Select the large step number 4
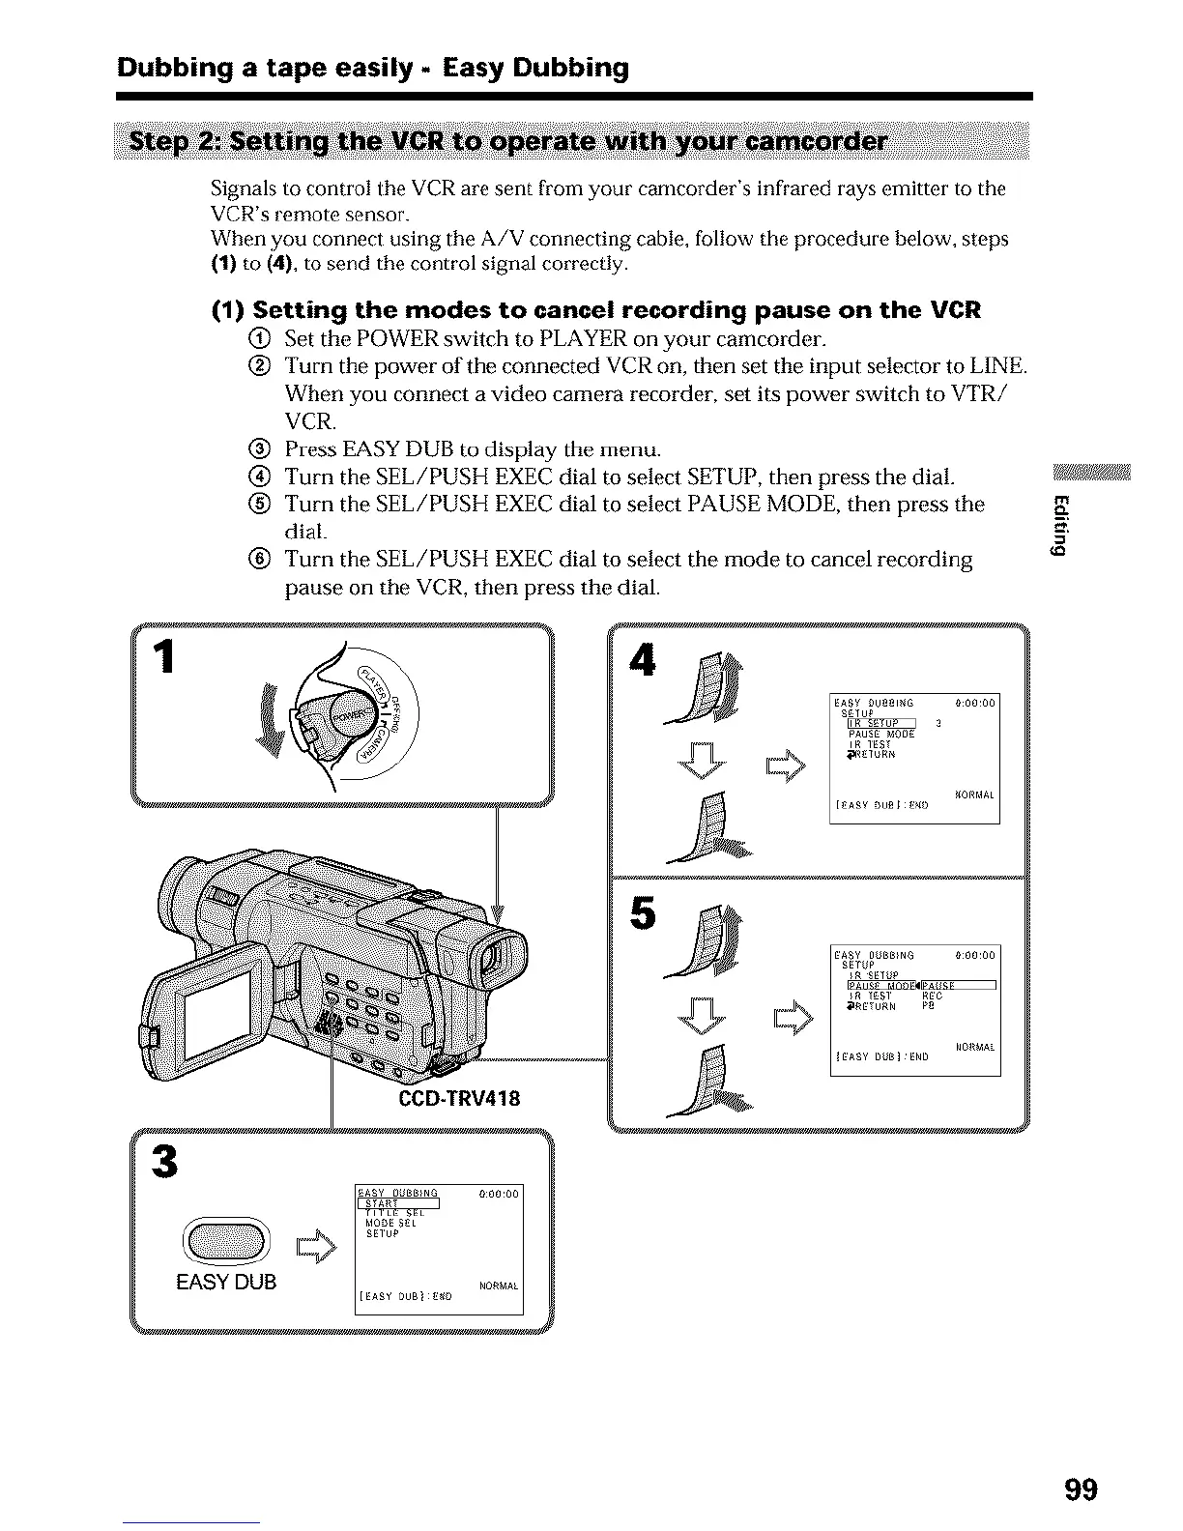pos(641,661)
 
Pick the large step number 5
pos(642,913)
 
